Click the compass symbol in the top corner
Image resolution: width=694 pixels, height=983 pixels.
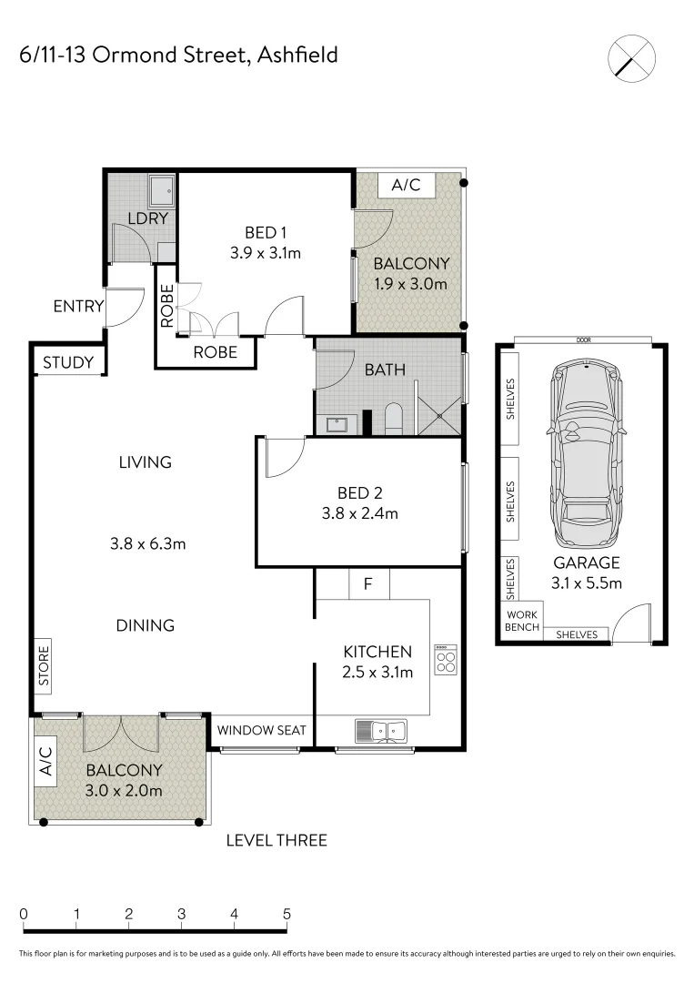[631, 57]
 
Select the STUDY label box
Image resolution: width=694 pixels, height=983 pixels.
[68, 363]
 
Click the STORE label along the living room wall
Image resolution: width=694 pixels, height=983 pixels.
[44, 666]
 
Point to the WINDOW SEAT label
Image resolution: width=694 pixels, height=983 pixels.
[261, 730]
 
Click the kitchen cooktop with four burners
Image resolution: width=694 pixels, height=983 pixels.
[446, 660]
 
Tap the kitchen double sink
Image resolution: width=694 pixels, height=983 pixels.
[383, 729]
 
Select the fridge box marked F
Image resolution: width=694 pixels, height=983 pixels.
[367, 583]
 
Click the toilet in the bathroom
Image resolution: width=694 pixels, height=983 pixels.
[394, 420]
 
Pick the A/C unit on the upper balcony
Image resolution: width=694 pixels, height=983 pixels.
[406, 185]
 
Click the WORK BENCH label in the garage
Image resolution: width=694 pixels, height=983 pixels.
[522, 621]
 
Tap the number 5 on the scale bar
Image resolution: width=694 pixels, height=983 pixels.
[287, 914]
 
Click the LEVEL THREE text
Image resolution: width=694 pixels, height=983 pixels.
[277, 840]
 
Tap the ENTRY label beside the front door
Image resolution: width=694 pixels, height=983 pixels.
[78, 307]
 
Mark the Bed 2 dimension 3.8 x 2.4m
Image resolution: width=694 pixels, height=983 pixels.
[359, 513]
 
